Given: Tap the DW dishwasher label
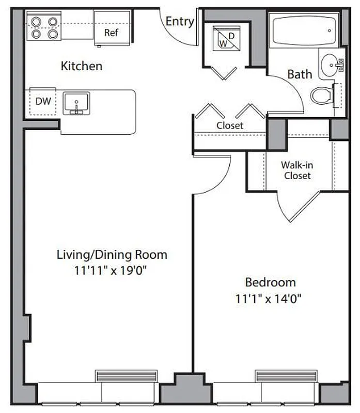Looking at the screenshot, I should coord(43,101).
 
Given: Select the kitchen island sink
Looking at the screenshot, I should coord(76,103).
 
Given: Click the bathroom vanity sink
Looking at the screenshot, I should coord(331,66).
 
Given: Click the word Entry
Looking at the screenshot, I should coord(180,22).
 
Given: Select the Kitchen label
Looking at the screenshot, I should coord(82,66).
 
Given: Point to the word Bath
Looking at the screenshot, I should coord(300,74).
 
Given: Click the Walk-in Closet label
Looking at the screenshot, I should coord(296,170).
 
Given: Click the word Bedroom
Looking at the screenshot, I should coord(270,282).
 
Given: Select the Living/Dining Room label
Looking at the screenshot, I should coord(112,255).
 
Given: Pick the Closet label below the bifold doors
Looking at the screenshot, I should coord(230,125).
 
